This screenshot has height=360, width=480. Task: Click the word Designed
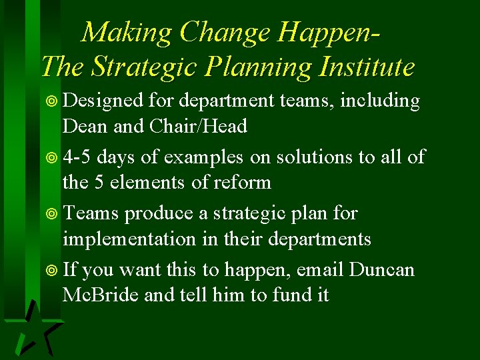click(x=103, y=101)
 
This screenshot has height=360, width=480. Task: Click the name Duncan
click(x=383, y=270)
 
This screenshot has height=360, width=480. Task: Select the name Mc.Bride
click(x=100, y=295)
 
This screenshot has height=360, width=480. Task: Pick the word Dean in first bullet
click(x=85, y=125)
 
